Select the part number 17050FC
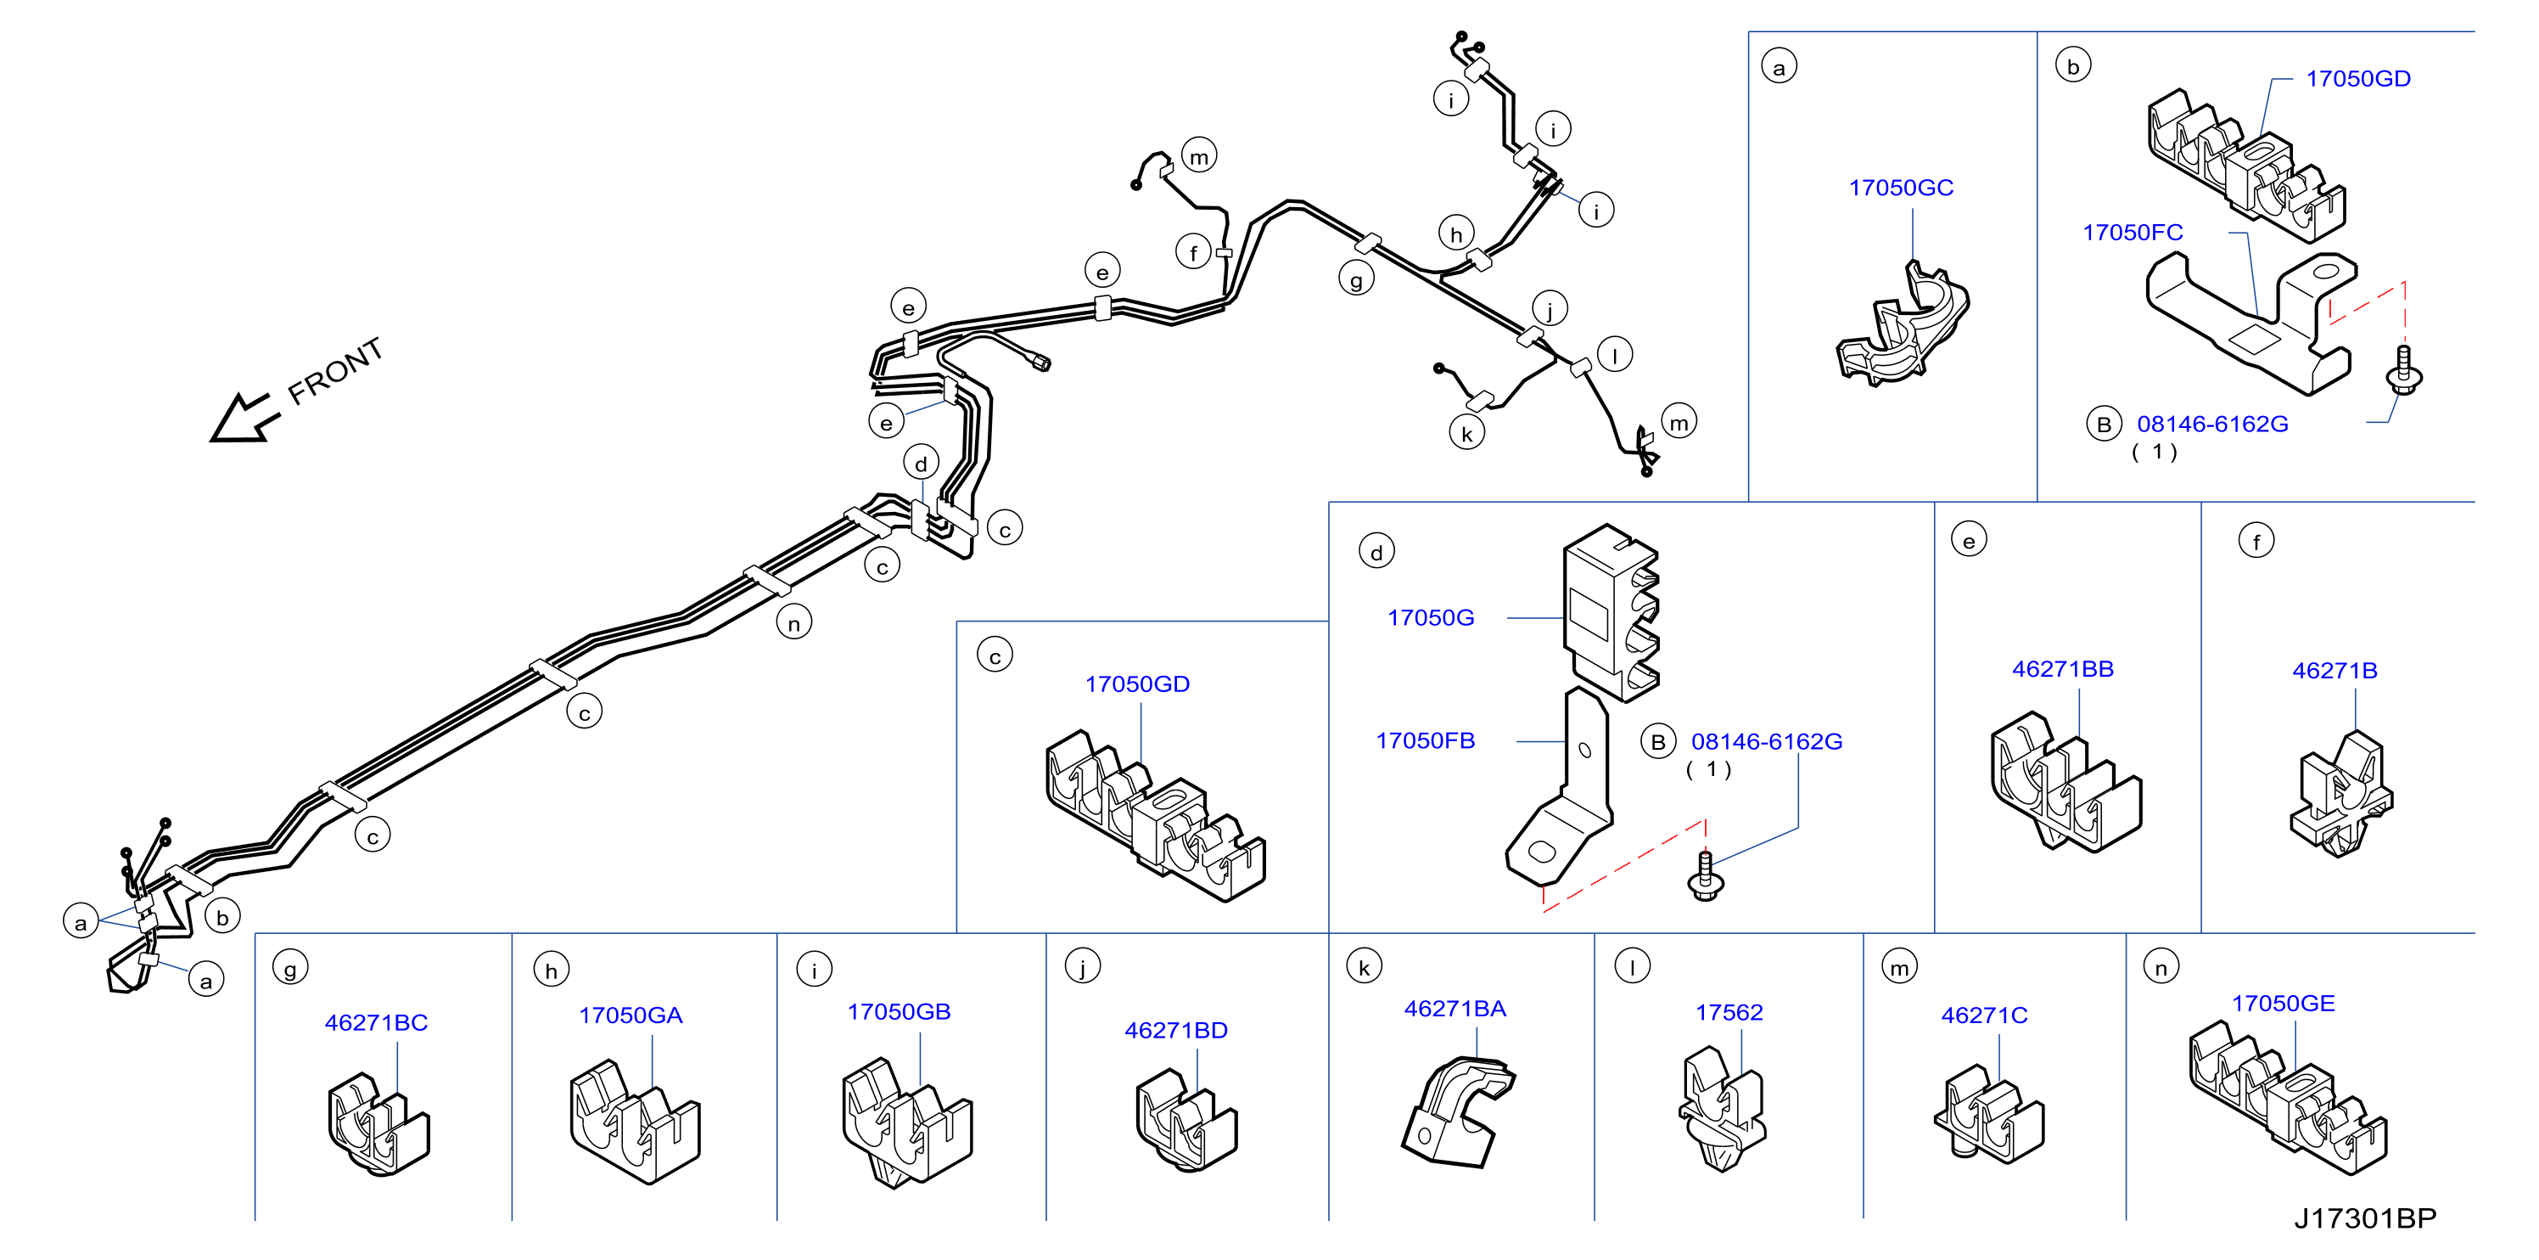click(2132, 233)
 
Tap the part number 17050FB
click(1426, 740)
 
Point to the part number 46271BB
click(2062, 668)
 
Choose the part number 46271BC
click(376, 1022)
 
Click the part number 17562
click(1729, 1013)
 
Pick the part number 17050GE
click(2283, 1004)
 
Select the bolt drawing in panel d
click(1705, 875)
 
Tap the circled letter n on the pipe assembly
click(793, 622)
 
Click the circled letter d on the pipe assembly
click(921, 464)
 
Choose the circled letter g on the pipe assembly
click(1356, 279)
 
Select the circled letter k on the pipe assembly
click(1466, 433)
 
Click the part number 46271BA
click(1454, 1009)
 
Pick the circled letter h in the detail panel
click(551, 970)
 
